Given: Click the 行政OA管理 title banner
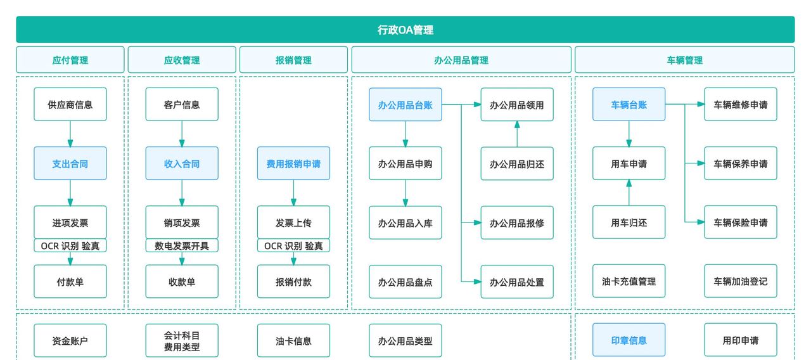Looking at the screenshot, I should [x=405, y=30].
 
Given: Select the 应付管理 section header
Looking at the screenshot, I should [x=70, y=60].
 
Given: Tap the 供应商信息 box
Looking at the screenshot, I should [x=70, y=105].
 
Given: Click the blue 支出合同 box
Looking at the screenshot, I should [x=70, y=164].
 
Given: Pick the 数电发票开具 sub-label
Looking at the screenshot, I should [x=182, y=246].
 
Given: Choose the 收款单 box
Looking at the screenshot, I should [x=182, y=281].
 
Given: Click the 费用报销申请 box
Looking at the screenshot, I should [x=293, y=164].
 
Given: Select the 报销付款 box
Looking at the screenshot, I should [x=293, y=281].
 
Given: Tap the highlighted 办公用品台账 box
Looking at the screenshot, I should [x=405, y=105].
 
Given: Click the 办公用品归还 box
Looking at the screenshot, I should [x=517, y=164].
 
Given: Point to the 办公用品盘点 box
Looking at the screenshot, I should [x=405, y=281].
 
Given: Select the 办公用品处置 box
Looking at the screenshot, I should [x=517, y=281].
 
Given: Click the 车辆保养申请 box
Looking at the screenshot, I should [x=740, y=164].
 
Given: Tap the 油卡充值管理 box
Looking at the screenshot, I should [x=629, y=281].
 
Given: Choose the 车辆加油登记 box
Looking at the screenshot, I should [x=740, y=281].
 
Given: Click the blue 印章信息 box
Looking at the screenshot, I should [x=629, y=340].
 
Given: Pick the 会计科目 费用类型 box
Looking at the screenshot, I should [x=182, y=340].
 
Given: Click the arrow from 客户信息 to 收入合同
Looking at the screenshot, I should [x=182, y=134].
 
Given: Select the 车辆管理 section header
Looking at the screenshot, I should [x=684, y=60].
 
